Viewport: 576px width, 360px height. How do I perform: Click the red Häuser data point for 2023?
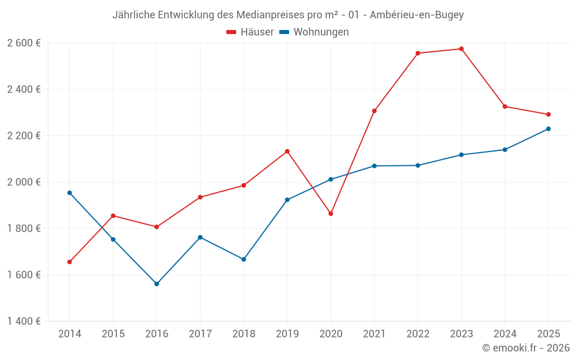(x=461, y=49)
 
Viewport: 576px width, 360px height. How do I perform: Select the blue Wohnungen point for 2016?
(x=157, y=284)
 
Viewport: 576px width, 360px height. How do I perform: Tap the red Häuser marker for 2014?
(x=70, y=262)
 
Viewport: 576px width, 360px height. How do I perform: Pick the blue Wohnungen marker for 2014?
(x=70, y=193)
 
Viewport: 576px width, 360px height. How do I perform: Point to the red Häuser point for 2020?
(x=331, y=214)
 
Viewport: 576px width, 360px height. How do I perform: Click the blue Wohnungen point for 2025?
(x=548, y=129)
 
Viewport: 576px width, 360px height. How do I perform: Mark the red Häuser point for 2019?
(x=287, y=151)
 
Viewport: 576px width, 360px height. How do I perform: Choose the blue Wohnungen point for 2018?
(x=244, y=259)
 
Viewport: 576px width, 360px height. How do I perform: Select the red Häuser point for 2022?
(x=418, y=53)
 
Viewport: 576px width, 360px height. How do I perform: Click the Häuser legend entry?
(x=251, y=32)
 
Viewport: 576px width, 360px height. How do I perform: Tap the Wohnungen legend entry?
(x=314, y=32)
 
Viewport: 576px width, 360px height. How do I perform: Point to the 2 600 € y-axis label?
(x=24, y=43)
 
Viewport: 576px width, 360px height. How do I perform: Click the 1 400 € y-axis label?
(x=24, y=321)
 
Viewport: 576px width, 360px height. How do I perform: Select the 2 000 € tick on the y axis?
(x=24, y=182)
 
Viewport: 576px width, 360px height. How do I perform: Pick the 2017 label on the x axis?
(x=200, y=334)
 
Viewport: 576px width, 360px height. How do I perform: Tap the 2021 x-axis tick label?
(x=374, y=334)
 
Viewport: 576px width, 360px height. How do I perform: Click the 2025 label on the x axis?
(x=548, y=334)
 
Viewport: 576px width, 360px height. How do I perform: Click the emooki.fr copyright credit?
(x=526, y=348)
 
